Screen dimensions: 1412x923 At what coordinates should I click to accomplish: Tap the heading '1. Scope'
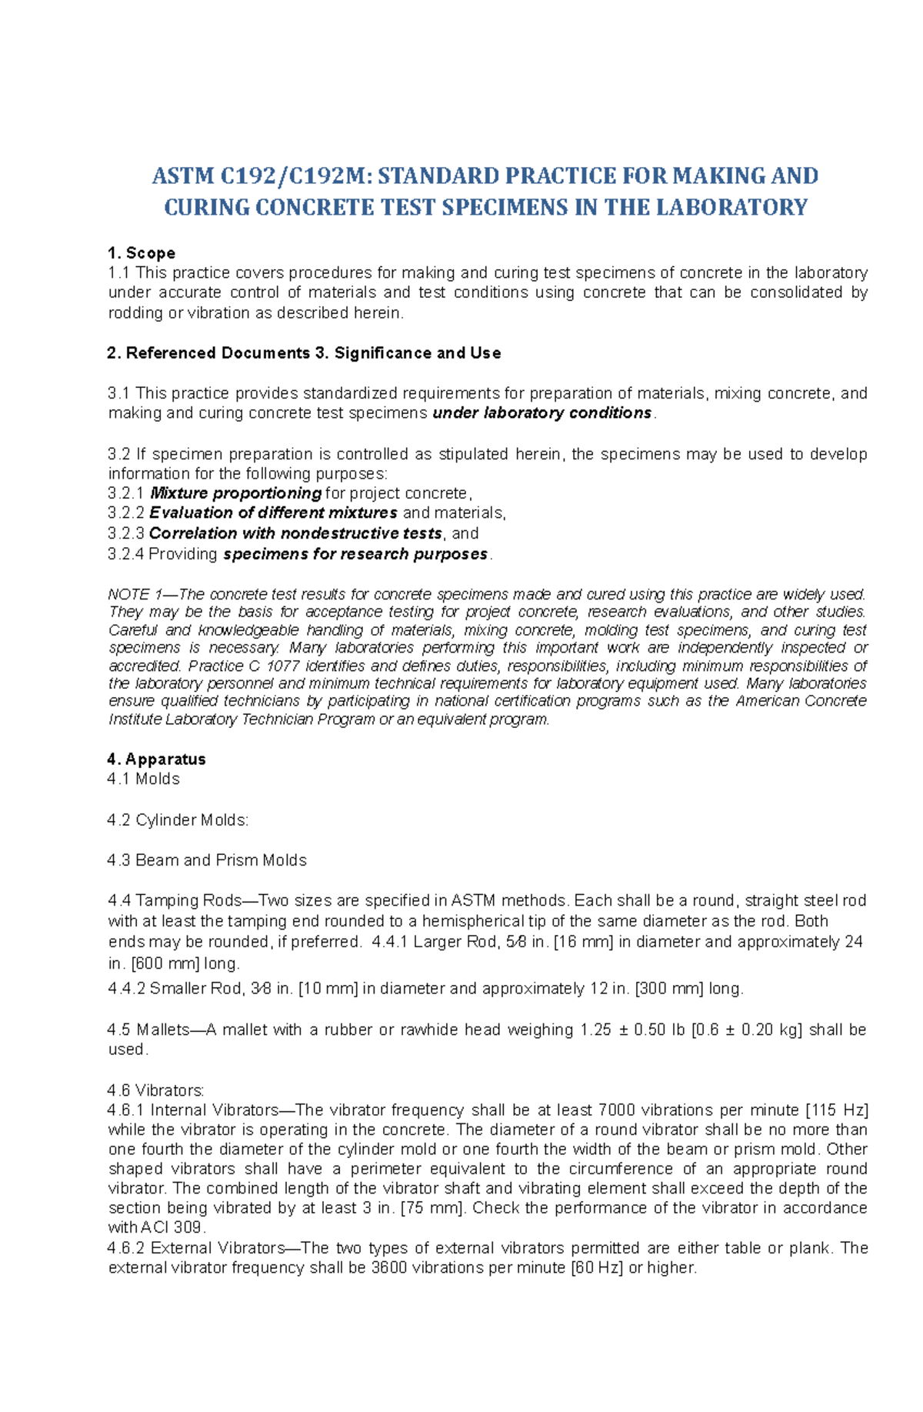tap(142, 253)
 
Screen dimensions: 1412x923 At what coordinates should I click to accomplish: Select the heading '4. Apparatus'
tap(157, 759)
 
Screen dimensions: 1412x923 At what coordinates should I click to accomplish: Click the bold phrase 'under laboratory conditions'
tap(542, 413)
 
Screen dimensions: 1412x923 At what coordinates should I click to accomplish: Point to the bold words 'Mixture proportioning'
tap(235, 493)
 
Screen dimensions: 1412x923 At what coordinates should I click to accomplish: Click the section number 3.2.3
tap(126, 533)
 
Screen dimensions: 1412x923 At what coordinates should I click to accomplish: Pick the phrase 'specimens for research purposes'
tap(355, 554)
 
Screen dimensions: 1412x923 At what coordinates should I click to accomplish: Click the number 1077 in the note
tap(284, 666)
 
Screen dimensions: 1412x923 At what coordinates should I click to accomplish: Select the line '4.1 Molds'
tap(144, 779)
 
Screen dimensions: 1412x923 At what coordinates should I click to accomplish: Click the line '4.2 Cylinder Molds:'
tap(178, 820)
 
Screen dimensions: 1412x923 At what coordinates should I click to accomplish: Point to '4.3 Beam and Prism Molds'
tap(207, 860)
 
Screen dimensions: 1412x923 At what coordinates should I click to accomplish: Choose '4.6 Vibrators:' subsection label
tap(156, 1090)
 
